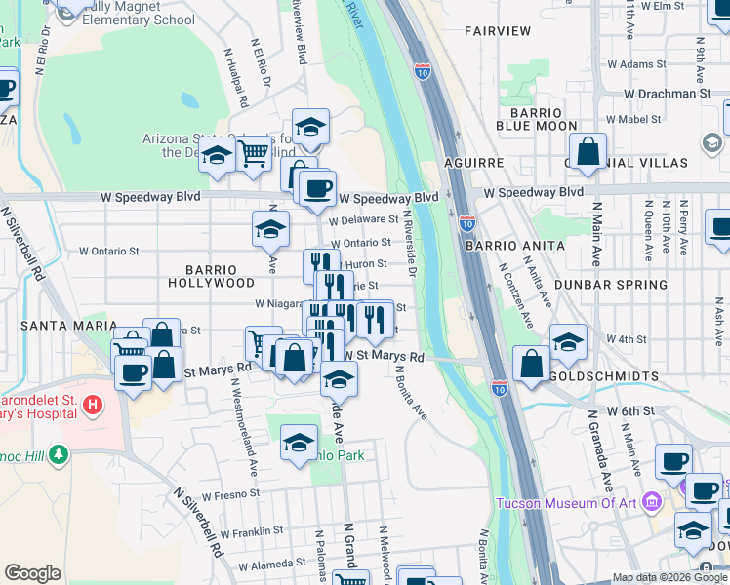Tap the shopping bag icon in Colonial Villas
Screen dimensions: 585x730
click(x=588, y=152)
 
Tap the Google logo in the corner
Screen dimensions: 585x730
click(x=32, y=573)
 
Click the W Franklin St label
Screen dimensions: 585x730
click(x=251, y=531)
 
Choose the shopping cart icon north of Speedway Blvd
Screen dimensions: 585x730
click(x=254, y=152)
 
